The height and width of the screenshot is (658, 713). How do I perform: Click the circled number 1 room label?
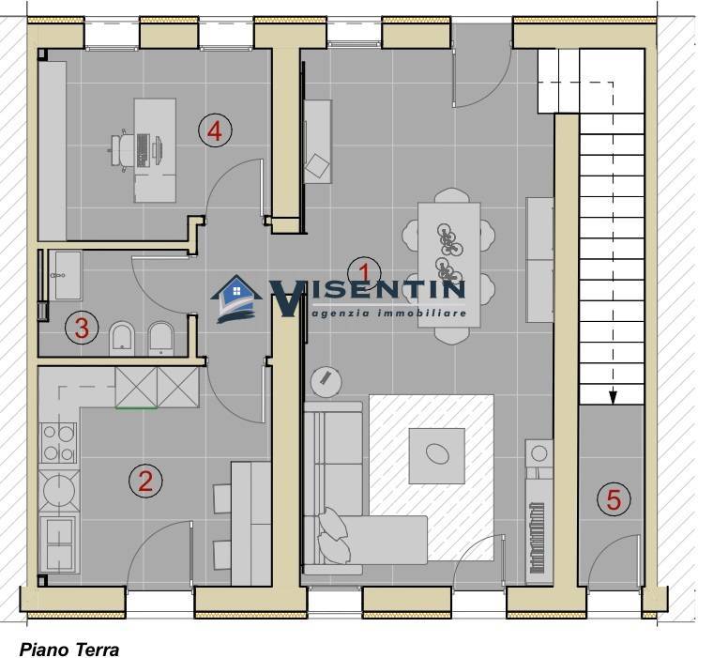[364, 273]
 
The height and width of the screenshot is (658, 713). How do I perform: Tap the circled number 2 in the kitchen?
[145, 481]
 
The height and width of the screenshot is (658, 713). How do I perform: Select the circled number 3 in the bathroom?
[82, 328]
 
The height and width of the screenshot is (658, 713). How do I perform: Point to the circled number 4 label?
[215, 130]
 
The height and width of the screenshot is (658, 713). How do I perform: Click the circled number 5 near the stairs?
[614, 498]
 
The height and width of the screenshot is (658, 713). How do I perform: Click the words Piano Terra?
[69, 649]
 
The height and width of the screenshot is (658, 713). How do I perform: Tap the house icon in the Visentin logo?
[236, 298]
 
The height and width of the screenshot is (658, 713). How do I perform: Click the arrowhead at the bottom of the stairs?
[613, 397]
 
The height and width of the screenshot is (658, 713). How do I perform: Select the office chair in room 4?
[122, 150]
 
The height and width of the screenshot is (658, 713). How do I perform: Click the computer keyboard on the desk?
[142, 149]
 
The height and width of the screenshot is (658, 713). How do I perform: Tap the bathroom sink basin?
[68, 275]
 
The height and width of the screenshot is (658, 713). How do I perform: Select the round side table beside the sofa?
[326, 381]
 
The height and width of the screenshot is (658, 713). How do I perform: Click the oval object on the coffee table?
[437, 453]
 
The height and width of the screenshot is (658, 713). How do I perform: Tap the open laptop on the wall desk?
[317, 165]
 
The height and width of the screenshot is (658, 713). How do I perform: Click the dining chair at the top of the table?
[450, 195]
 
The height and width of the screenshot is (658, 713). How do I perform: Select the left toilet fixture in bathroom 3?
[122, 339]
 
